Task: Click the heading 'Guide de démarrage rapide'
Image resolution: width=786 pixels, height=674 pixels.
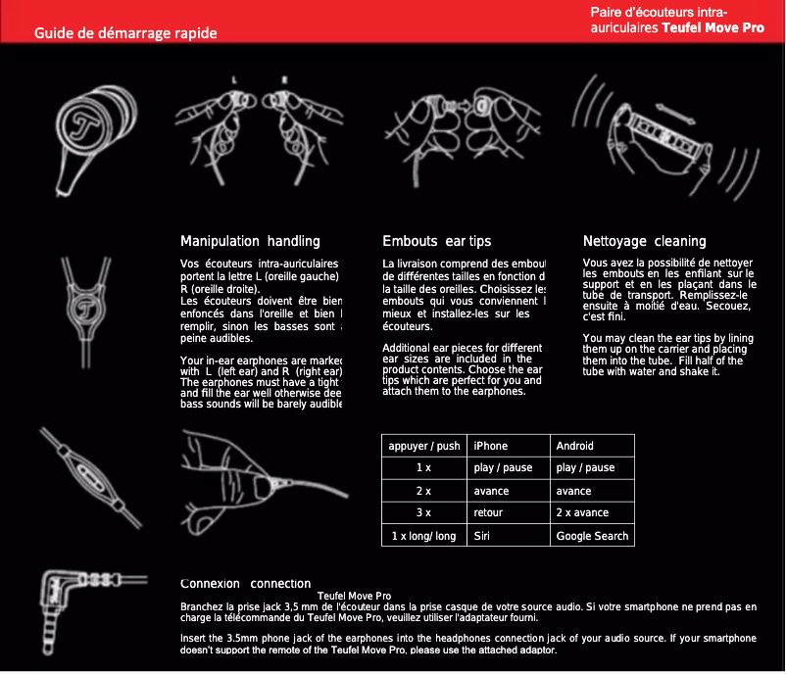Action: click(x=125, y=32)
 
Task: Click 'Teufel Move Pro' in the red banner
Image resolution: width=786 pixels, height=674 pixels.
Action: click(x=712, y=27)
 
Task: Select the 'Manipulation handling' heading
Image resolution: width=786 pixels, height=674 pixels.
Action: click(x=250, y=241)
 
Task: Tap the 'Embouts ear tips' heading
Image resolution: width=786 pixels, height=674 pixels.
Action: click(x=436, y=241)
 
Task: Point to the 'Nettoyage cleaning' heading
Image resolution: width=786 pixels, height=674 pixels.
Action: click(x=644, y=241)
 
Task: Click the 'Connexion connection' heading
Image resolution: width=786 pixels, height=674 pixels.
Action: click(x=246, y=583)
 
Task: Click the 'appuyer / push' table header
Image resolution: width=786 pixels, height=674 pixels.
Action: click(x=423, y=446)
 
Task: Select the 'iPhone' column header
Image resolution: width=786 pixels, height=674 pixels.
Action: click(x=490, y=446)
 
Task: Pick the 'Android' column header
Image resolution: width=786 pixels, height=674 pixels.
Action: click(x=574, y=446)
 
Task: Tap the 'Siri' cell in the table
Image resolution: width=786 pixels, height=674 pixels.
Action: click(x=481, y=536)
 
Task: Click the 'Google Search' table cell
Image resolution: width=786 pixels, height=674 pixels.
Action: click(x=591, y=536)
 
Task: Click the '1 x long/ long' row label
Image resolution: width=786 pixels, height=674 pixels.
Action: click(x=423, y=536)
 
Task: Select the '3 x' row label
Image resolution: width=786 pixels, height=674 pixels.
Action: click(x=423, y=512)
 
